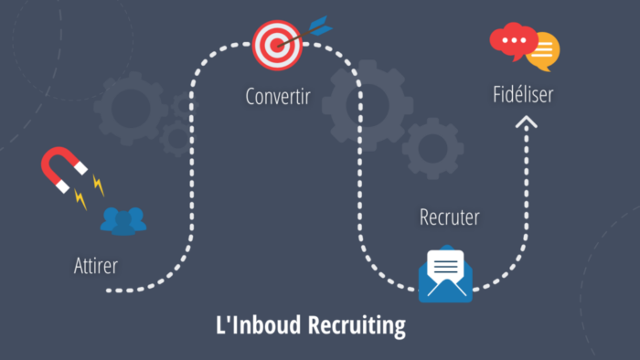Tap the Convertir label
[278, 95]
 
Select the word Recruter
[449, 217]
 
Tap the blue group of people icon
[123, 220]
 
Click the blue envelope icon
[445, 277]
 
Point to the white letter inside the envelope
[445, 266]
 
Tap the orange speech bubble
[543, 52]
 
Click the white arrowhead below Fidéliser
[527, 122]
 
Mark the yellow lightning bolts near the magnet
[90, 192]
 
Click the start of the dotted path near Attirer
[109, 290]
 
